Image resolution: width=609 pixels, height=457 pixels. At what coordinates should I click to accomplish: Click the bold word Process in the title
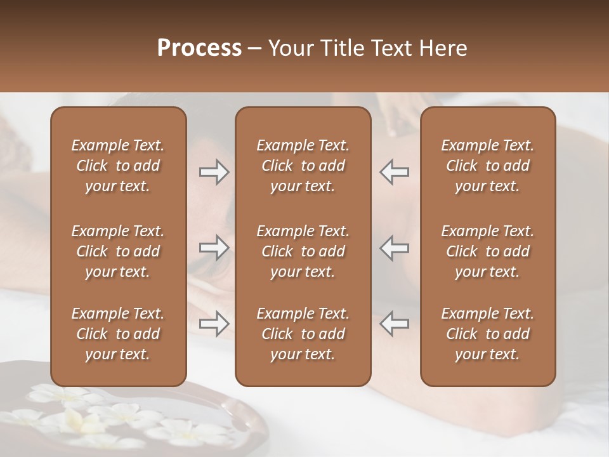(199, 48)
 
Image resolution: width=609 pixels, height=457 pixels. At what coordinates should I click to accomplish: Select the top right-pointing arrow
(214, 172)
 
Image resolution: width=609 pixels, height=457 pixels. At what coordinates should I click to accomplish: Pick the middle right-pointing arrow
(214, 248)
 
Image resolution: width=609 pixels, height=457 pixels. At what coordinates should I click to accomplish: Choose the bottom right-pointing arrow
(214, 324)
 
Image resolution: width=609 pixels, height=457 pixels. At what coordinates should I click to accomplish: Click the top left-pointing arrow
(395, 172)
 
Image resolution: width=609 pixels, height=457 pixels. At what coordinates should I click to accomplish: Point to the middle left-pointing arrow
(395, 248)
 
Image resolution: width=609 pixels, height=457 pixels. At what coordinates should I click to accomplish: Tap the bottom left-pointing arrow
(395, 324)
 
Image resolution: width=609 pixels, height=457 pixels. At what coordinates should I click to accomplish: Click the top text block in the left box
(118, 166)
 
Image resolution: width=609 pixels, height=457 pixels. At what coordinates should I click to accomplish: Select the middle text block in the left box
(118, 251)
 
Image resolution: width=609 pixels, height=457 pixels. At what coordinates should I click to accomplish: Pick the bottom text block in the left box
(118, 334)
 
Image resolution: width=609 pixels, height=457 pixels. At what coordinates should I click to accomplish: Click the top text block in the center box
(303, 166)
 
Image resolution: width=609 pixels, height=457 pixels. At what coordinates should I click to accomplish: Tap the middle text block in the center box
(303, 251)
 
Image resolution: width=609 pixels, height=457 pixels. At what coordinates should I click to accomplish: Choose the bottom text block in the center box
(303, 334)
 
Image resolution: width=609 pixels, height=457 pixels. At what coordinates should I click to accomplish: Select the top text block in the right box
(487, 166)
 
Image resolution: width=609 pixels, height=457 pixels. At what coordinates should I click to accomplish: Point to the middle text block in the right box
(487, 251)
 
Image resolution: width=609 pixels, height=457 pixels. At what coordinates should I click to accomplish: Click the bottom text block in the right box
(487, 334)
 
